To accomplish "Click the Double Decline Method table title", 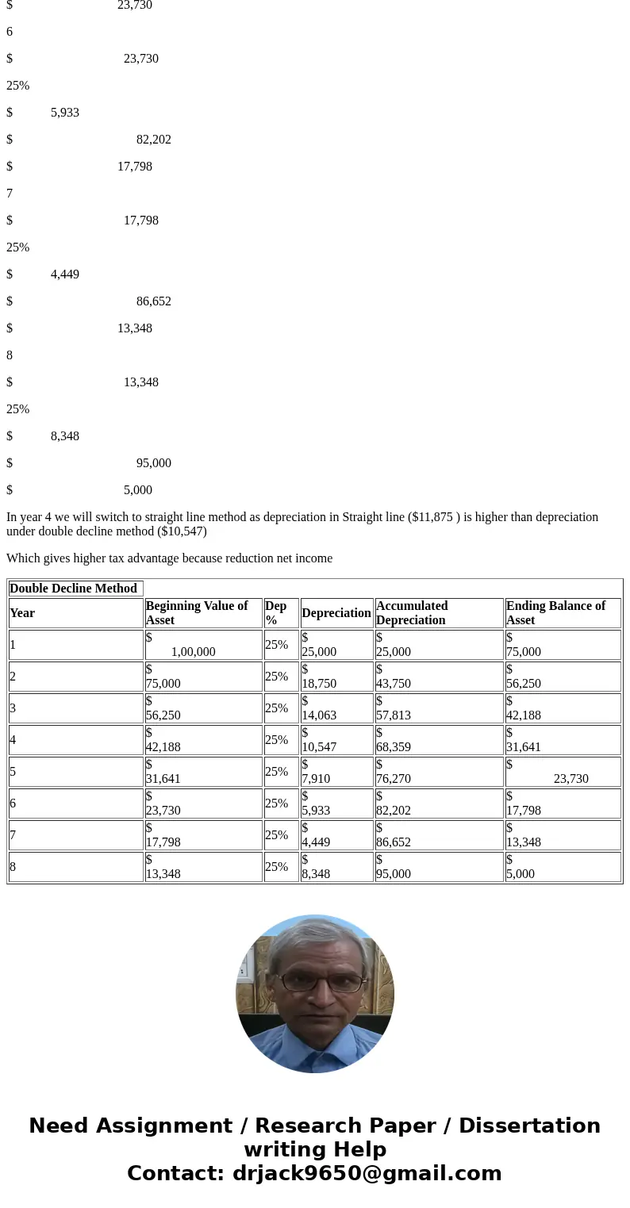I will pos(73,589).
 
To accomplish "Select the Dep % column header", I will pos(276,613).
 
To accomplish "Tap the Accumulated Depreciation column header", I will pos(412,613).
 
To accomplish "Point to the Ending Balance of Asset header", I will pos(555,613).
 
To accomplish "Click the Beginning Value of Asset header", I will pos(197,613).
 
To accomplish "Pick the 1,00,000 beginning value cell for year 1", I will pos(193,652).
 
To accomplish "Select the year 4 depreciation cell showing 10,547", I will pos(319,746).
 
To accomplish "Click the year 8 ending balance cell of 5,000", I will pos(521,873).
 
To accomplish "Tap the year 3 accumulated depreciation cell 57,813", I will pos(394,715).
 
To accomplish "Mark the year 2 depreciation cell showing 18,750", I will pos(319,683).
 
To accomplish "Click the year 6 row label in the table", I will pos(13,803).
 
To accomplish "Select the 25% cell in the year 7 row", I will pos(276,835).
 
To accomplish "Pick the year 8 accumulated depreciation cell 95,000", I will pos(394,873).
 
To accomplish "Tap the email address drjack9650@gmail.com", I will pos(367,1174).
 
